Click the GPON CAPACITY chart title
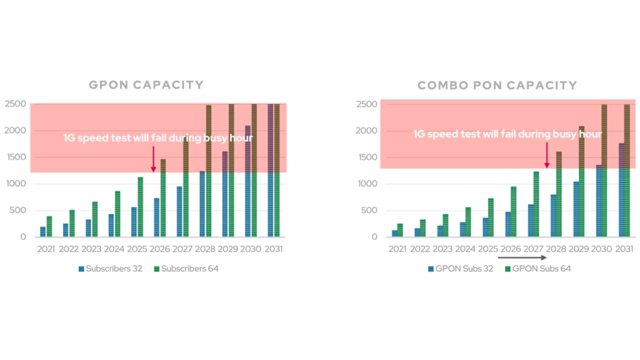(x=146, y=85)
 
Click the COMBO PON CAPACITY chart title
(x=497, y=86)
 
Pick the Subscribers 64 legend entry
(x=186, y=269)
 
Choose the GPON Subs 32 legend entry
(x=460, y=269)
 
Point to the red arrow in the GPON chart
(x=154, y=159)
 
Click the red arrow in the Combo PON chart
(x=546, y=155)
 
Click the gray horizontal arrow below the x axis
(x=523, y=257)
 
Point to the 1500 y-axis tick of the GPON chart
(x=15, y=157)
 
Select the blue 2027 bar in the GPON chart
(x=179, y=212)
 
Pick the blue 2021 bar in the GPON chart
(x=42, y=232)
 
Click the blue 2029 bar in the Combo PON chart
(x=576, y=209)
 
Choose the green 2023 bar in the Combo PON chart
(x=445, y=225)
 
